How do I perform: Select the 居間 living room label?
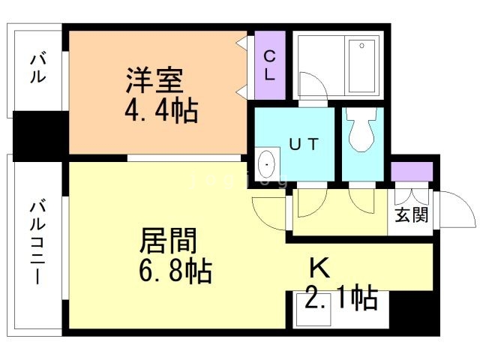[168, 241]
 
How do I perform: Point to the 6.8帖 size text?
[175, 271]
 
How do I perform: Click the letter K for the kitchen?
[320, 268]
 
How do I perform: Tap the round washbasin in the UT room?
[267, 163]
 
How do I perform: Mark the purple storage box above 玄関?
[412, 171]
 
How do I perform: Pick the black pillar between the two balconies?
[39, 136]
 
